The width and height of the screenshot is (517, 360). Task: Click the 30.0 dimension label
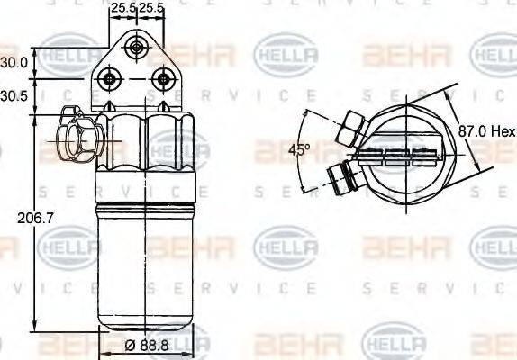click(13, 63)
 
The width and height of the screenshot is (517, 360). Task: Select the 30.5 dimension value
click(13, 94)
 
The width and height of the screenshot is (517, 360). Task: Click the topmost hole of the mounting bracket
click(136, 48)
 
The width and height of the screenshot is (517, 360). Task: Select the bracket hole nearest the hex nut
click(110, 79)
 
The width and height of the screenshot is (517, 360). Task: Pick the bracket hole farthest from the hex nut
click(162, 79)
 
